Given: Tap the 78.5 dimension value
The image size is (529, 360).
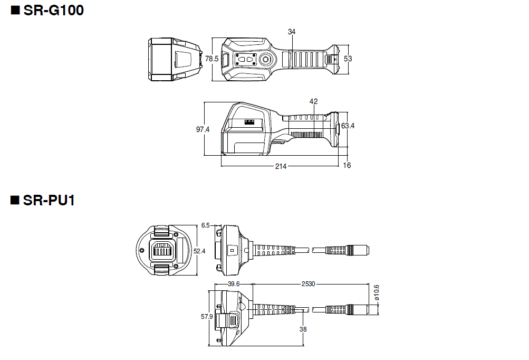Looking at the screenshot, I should click(x=211, y=59).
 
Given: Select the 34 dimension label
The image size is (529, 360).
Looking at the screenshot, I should click(x=292, y=32).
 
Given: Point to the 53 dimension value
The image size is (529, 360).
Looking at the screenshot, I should click(x=348, y=59).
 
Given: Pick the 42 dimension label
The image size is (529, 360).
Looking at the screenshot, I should click(x=314, y=101).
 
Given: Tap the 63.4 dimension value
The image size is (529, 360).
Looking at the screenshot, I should click(x=348, y=126).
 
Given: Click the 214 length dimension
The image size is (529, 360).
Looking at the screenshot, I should click(x=281, y=166).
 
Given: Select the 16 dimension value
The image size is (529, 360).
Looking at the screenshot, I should click(x=347, y=165).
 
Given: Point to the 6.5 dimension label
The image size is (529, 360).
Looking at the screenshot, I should click(x=205, y=225).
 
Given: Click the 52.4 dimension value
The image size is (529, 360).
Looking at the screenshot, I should click(x=199, y=251).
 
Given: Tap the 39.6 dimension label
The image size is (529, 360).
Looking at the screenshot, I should click(x=234, y=284).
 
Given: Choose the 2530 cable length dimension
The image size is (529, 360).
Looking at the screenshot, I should click(x=308, y=284).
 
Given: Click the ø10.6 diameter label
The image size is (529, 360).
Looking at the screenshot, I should click(x=376, y=293).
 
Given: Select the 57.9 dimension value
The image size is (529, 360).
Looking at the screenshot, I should click(x=207, y=317).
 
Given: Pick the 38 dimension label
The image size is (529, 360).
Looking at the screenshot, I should click(x=303, y=329).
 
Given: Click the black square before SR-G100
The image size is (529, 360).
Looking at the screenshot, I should click(x=15, y=10).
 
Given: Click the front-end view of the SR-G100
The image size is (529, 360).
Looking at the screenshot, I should click(x=174, y=59).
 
